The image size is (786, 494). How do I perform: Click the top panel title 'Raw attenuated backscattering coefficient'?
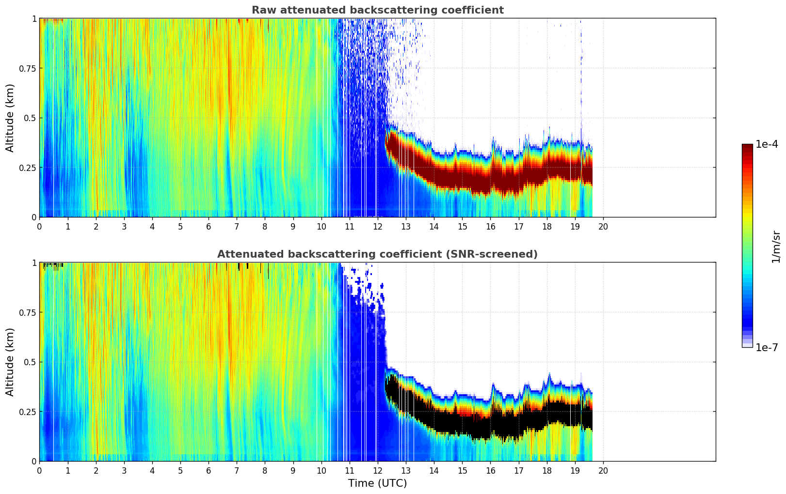pos(377,10)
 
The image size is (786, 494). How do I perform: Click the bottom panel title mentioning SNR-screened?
pos(377,254)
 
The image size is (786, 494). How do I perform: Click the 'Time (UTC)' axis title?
pos(377,483)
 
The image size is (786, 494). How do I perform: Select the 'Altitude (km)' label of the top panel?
pos(10,118)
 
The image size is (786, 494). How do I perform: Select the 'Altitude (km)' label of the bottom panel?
pos(10,362)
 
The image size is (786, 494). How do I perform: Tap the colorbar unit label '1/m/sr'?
pos(776,247)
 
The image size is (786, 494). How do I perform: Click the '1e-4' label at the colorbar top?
pos(767,144)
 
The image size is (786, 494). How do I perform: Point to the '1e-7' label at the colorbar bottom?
pos(767,347)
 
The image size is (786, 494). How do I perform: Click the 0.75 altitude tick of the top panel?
pos(27,68)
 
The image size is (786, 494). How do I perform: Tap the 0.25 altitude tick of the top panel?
pos(27,168)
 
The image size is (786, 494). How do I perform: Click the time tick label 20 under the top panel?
pos(603,226)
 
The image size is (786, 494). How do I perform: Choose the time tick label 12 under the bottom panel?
pos(378,470)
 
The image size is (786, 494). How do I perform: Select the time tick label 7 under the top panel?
pos(237,226)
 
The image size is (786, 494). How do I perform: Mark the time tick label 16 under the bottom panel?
pos(490,470)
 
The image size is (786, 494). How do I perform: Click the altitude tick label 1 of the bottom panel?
pos(34,263)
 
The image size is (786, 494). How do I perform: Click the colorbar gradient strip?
pos(747,246)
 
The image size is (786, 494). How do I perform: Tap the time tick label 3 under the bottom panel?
pos(124,470)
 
